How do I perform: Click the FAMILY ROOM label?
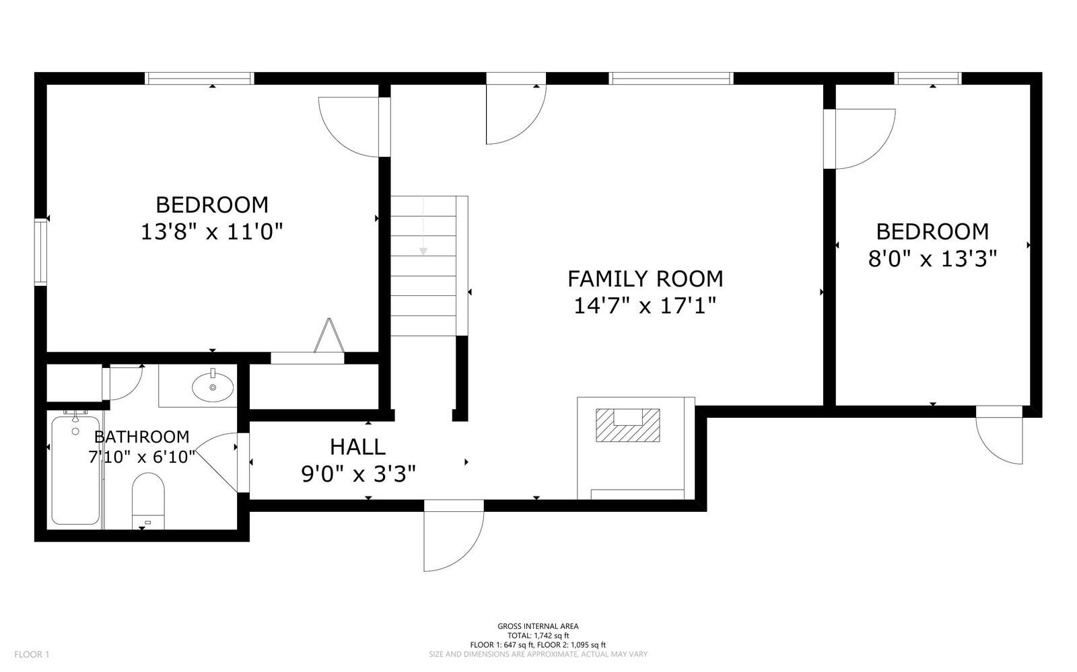(x=646, y=279)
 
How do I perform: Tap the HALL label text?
(x=357, y=447)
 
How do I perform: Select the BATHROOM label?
(x=142, y=437)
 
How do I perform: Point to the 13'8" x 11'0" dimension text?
(x=211, y=232)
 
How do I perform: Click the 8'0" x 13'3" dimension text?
(x=932, y=259)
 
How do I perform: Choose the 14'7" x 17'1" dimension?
(x=646, y=305)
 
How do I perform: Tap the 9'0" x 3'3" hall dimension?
(x=358, y=475)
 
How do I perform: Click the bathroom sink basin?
(x=213, y=386)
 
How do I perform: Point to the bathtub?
(x=75, y=470)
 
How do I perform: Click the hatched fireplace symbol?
(x=628, y=425)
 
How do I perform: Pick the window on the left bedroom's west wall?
(x=41, y=252)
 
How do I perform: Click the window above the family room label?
(x=671, y=78)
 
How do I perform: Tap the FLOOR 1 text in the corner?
(x=32, y=655)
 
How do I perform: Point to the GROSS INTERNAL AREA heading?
(x=538, y=626)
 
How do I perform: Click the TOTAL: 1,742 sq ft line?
(x=538, y=636)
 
